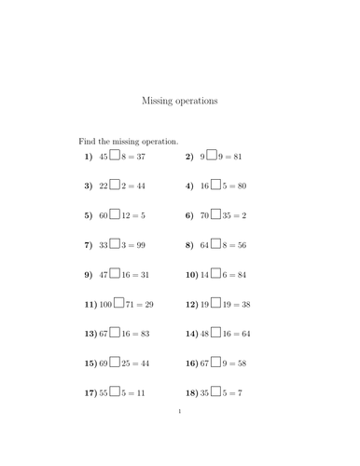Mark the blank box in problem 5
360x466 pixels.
pyautogui.click(x=115, y=215)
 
